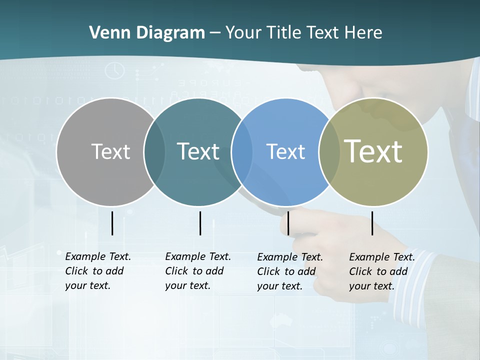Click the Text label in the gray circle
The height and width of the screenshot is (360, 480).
[x=110, y=151]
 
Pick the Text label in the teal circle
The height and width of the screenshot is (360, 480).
[x=198, y=151]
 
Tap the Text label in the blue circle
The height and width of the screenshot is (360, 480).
[x=285, y=151]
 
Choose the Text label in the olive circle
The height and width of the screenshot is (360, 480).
[x=373, y=151]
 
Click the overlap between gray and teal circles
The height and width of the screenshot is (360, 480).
[x=154, y=152]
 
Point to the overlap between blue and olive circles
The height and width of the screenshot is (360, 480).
[x=329, y=152]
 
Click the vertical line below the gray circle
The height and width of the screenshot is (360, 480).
[x=112, y=223]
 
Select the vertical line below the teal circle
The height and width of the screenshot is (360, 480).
[x=200, y=223]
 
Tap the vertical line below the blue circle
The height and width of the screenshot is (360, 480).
[x=288, y=223]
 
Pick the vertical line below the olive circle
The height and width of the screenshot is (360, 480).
[x=372, y=223]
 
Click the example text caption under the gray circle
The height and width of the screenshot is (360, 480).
[x=98, y=271]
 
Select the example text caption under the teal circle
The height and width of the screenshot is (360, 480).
[x=198, y=271]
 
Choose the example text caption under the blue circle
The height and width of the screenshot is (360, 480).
[x=290, y=271]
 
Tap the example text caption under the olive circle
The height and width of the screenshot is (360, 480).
[x=382, y=271]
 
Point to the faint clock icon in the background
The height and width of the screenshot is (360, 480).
[x=115, y=70]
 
